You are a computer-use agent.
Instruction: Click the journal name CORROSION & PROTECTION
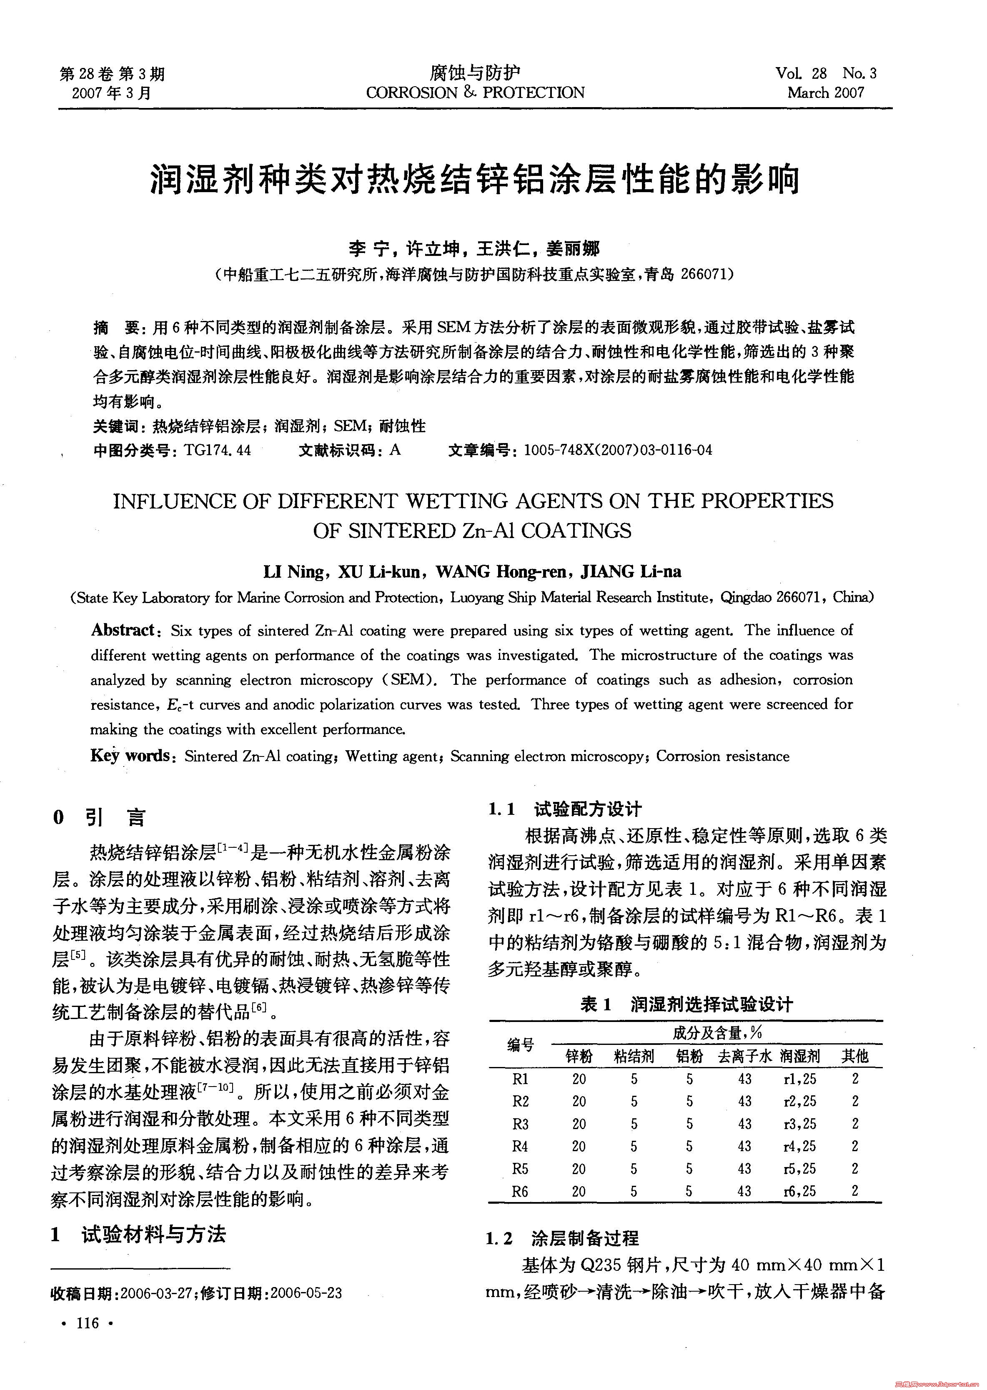point(475,93)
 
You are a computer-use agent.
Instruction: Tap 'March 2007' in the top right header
point(825,93)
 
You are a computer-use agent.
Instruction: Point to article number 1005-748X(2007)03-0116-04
point(617,451)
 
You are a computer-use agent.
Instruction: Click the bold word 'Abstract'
point(123,630)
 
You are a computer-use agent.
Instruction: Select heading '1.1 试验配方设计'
point(565,809)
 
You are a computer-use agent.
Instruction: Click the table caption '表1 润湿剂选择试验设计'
point(686,1004)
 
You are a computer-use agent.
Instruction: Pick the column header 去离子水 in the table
point(744,1056)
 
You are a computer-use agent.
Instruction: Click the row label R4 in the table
point(520,1146)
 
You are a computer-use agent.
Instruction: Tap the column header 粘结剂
point(634,1056)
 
